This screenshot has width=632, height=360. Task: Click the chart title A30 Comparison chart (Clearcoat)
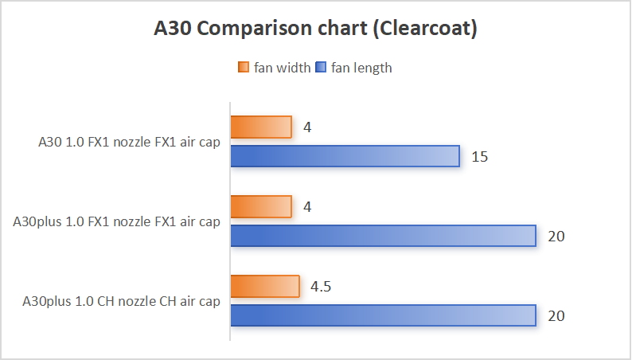click(315, 29)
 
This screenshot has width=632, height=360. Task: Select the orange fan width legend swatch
click(244, 68)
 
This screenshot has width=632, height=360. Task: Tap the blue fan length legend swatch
click(322, 68)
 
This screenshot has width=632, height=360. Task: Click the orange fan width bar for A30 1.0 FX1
click(261, 127)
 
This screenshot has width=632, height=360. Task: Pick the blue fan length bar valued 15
click(345, 156)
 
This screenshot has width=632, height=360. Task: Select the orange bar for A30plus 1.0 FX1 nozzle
click(261, 206)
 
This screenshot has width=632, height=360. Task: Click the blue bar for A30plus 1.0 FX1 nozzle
click(383, 236)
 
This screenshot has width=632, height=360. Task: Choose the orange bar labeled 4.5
click(265, 286)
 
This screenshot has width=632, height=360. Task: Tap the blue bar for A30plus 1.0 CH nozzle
click(383, 315)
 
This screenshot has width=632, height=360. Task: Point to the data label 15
click(479, 156)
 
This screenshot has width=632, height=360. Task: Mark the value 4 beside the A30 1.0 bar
click(306, 127)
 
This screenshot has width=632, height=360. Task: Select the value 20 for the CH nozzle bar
click(556, 315)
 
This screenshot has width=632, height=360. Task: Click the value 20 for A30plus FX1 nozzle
click(556, 236)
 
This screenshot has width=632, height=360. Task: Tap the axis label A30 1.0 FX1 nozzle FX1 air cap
click(129, 143)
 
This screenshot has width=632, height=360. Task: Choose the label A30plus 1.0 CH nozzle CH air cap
click(122, 302)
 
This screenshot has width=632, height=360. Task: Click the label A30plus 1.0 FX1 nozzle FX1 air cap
click(117, 222)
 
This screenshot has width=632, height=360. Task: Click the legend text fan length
click(361, 68)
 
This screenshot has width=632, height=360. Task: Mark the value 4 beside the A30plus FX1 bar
click(306, 206)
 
